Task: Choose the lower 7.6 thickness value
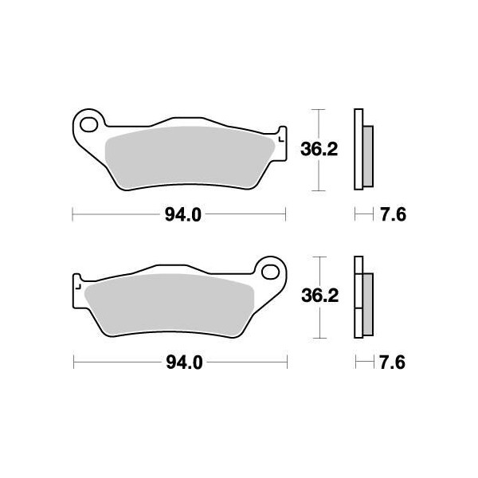tap(394, 362)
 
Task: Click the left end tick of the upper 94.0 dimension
tap(73, 214)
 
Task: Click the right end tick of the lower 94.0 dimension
tap(285, 362)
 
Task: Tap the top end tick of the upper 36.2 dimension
tap(319, 109)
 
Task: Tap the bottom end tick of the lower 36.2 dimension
tap(319, 338)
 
